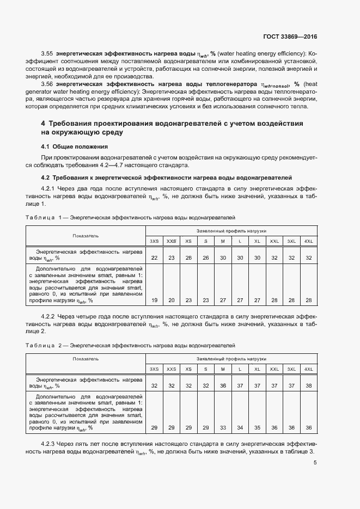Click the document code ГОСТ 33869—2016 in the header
pos(290,36)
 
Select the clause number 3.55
pos(48,53)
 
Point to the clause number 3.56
pos(48,84)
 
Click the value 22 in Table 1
pos(155,257)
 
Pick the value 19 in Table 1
pos(155,300)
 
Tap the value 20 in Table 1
pos(172,300)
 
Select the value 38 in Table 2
pos(309,385)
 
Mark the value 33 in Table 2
pos(223,428)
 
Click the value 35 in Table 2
pos(257,428)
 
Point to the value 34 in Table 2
pos(240,428)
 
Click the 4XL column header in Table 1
pos(309,241)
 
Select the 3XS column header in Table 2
pos(155,369)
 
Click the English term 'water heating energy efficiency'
pos(262,53)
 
